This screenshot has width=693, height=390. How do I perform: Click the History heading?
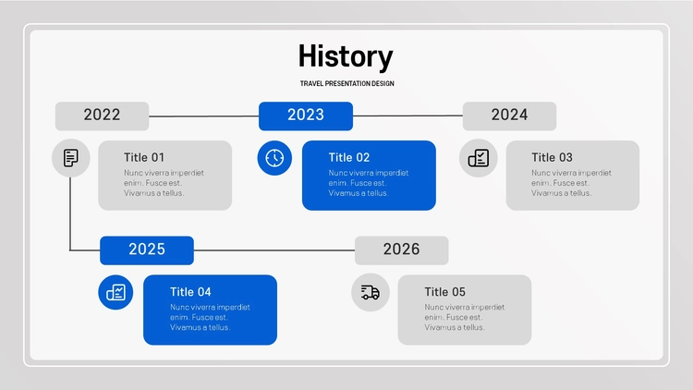click(x=346, y=57)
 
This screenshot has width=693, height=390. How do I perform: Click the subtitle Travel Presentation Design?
click(x=346, y=83)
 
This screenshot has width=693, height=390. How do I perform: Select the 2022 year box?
click(x=102, y=116)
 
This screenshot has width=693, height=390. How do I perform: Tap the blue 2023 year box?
click(x=306, y=116)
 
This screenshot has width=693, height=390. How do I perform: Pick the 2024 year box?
click(x=509, y=116)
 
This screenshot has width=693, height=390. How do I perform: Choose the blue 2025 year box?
click(x=147, y=250)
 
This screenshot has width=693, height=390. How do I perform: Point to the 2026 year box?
click(x=402, y=250)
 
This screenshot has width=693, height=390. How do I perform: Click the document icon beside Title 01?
click(x=71, y=158)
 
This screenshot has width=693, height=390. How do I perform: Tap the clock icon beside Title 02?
click(x=274, y=158)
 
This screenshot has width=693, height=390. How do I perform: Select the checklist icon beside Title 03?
click(x=479, y=158)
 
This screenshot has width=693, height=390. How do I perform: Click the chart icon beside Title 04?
click(x=115, y=292)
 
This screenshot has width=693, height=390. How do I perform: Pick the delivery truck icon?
click(x=371, y=292)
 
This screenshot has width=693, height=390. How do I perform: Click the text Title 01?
click(x=144, y=157)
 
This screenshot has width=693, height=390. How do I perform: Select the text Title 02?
click(x=349, y=157)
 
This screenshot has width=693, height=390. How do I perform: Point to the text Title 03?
click(x=552, y=157)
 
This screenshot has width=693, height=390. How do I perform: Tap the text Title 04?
click(x=190, y=292)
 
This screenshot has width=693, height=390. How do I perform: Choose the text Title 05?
click(x=445, y=292)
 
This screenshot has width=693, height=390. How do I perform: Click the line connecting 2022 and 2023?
click(x=204, y=116)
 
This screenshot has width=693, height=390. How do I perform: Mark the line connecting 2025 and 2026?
click(x=274, y=250)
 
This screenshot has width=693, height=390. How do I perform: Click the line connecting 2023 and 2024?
click(x=407, y=116)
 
